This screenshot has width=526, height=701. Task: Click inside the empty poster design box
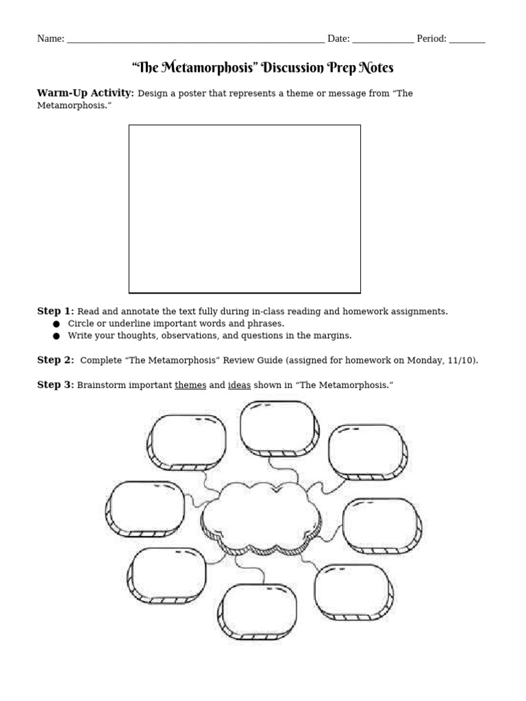[x=245, y=209]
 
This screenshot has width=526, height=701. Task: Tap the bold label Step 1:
[x=55, y=311]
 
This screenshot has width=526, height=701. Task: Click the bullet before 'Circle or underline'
[x=56, y=323]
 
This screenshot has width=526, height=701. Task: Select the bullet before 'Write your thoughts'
[x=56, y=335]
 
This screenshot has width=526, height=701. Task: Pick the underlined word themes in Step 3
[x=190, y=385]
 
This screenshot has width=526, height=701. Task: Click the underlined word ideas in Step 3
[x=239, y=385]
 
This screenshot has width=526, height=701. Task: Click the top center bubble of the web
[x=278, y=427]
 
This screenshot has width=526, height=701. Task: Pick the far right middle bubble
[x=381, y=525]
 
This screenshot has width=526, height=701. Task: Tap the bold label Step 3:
[x=55, y=385]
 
